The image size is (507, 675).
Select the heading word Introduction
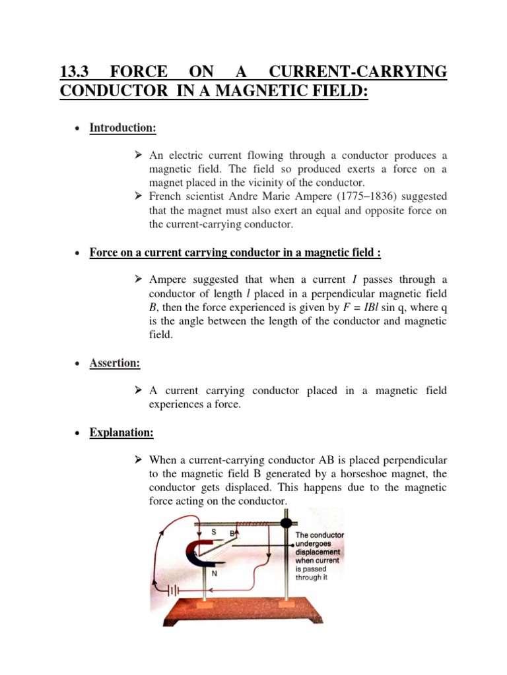123,128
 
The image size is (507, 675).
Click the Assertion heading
115,363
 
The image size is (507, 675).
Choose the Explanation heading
121,433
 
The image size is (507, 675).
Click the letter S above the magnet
213,531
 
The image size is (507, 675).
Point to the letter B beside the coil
232,532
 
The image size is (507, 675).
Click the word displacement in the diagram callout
318,552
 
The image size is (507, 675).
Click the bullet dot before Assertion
77,364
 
